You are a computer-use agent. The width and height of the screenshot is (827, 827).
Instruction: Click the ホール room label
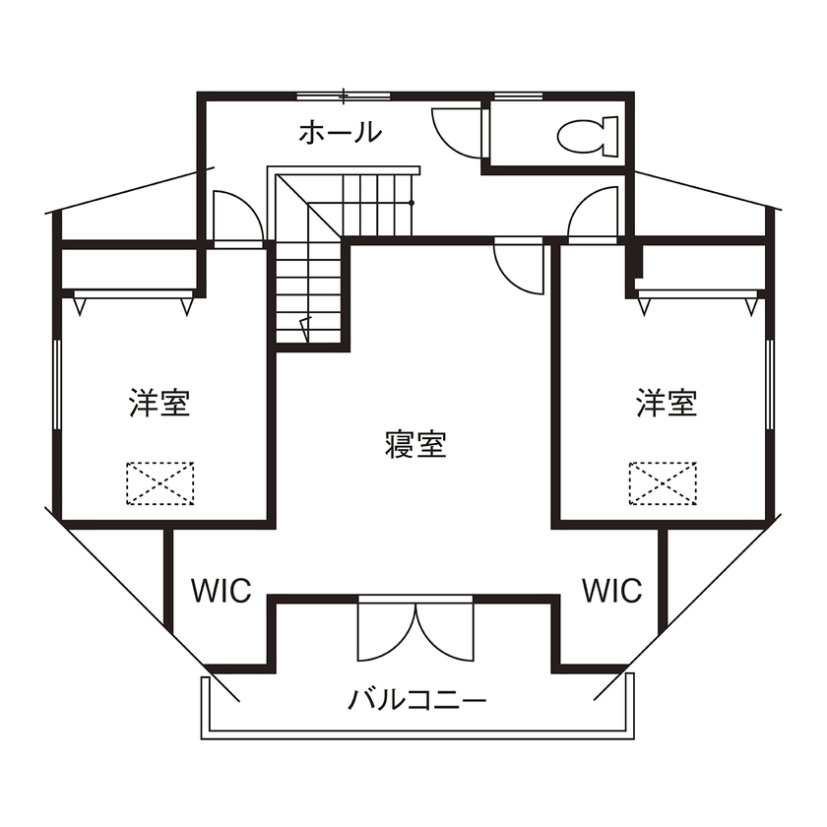[339, 132]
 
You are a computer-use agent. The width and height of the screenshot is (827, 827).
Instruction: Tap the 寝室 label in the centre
[414, 445]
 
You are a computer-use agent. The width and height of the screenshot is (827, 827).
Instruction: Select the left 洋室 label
[159, 403]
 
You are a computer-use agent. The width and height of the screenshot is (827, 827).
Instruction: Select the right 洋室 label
[667, 403]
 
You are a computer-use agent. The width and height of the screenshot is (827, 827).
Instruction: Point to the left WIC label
[221, 591]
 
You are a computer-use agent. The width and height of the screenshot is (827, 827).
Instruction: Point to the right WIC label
[611, 591]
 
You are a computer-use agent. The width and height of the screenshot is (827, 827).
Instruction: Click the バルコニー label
[416, 701]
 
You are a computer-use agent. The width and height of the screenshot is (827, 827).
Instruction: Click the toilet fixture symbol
[588, 135]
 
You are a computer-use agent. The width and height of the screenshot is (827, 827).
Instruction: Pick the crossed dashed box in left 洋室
[159, 482]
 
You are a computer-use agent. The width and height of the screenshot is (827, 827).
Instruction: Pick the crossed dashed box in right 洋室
[662, 482]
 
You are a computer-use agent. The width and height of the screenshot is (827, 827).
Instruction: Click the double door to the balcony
[415, 630]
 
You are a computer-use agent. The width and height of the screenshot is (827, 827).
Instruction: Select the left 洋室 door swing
[236, 216]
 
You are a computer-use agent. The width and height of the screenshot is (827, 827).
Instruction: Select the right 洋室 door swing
[593, 213]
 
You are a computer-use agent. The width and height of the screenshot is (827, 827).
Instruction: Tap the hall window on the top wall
[343, 95]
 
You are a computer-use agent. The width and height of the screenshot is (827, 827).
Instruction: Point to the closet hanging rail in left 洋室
[132, 293]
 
